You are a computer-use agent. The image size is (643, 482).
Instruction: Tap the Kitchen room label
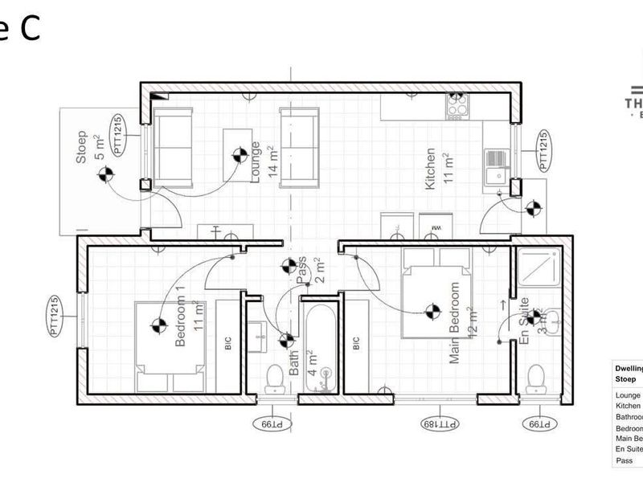pyautogui.click(x=432, y=169)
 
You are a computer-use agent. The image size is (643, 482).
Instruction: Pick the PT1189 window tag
pyautogui.click(x=438, y=423)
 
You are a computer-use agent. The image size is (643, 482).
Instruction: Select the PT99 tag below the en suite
pyautogui.click(x=536, y=423)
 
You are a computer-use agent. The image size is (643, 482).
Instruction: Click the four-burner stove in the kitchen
pyautogui.click(x=457, y=105)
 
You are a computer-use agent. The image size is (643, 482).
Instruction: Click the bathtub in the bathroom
pyautogui.click(x=321, y=345)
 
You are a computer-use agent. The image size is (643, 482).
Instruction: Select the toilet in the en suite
pyautogui.click(x=536, y=378)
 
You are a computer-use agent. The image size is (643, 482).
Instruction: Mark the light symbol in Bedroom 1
pyautogui.click(x=158, y=325)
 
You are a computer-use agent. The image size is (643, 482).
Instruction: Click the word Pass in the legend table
pyautogui.click(x=624, y=461)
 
